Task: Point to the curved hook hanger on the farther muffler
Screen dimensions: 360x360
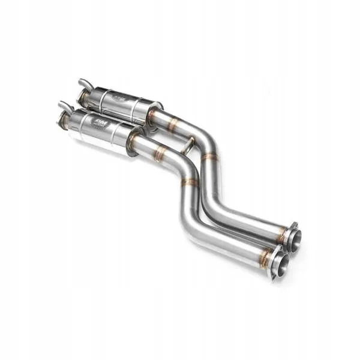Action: (83, 83)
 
